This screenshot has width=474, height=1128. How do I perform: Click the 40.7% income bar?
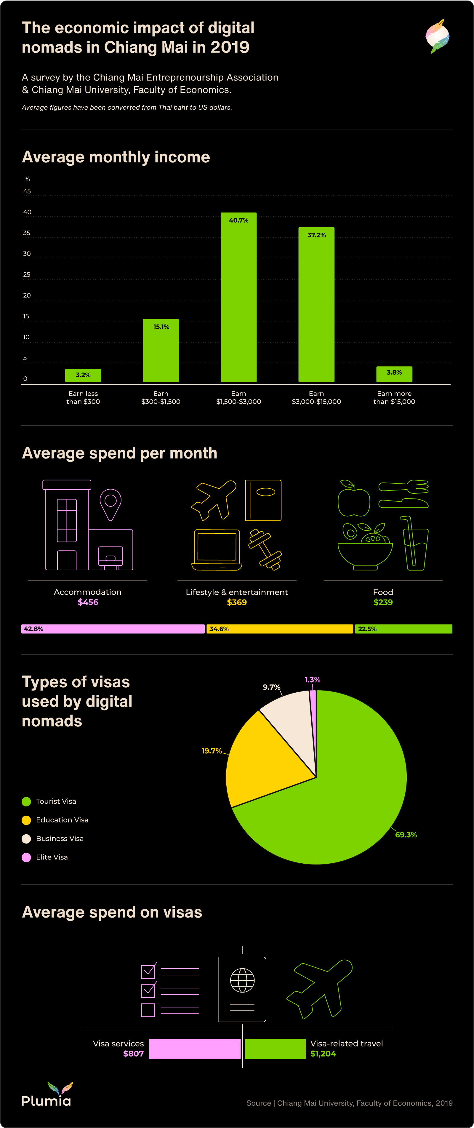[x=238, y=298]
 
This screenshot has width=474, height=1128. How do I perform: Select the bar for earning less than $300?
[x=83, y=375]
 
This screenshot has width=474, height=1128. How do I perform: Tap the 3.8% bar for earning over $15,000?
[x=394, y=374]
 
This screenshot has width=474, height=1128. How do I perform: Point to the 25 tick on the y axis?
[x=27, y=274]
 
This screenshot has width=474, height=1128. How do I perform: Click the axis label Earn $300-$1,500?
[x=161, y=398]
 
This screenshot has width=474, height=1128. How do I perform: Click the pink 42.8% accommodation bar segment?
[x=113, y=629]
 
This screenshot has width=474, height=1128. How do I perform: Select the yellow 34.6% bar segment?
[x=280, y=629]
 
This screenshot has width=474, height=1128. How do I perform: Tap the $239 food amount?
[x=383, y=602]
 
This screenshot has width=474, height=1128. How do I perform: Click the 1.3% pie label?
[x=313, y=680]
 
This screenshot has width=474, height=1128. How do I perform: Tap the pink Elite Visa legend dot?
[x=26, y=857]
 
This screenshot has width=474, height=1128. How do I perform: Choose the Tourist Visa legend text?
[x=56, y=801]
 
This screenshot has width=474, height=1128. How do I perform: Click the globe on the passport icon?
[x=242, y=980]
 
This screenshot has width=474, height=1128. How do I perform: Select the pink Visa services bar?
[x=195, y=1049]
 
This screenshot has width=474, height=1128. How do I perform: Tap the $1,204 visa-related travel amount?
[x=323, y=1054]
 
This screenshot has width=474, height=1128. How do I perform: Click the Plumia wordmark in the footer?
[x=46, y=1100]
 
